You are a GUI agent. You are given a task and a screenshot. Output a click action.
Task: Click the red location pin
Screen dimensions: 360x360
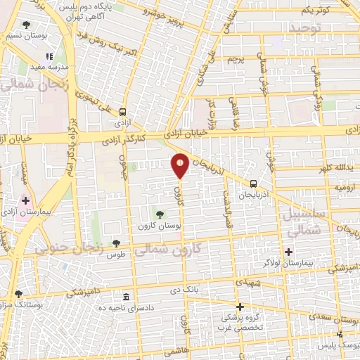(180, 165)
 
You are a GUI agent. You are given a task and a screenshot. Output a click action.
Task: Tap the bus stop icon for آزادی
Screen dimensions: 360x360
(123, 111)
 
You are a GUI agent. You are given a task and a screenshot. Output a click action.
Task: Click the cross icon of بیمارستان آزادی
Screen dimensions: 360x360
(26, 201)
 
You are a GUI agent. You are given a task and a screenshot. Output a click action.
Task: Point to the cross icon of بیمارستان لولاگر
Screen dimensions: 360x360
(288, 251)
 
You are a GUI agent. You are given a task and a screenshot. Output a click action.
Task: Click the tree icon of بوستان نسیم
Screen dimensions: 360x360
(26, 25)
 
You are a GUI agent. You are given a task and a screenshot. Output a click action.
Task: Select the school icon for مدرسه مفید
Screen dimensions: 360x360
(49, 56)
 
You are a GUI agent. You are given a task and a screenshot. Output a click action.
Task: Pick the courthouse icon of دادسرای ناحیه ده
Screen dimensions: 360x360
(126, 297)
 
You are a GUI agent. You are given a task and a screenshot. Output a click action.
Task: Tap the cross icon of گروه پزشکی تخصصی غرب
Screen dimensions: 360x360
(240, 307)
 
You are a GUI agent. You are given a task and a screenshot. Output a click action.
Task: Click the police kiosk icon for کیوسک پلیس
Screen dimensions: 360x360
(340, 334)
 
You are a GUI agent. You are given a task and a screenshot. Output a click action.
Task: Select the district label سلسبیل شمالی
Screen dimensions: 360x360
(304, 222)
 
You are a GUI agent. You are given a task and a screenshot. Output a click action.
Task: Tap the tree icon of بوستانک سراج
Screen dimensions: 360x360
(18, 294)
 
